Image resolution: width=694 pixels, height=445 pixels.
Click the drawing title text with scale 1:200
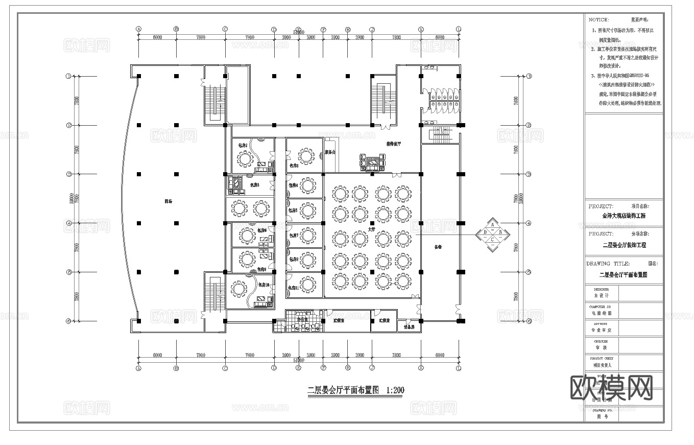[355, 390]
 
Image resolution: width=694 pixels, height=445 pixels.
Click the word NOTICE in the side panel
[599, 20]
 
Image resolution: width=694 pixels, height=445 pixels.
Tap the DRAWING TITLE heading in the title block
[608, 264]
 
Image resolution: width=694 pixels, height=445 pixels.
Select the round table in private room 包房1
[306, 156]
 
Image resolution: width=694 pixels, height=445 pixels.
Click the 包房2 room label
[243, 146]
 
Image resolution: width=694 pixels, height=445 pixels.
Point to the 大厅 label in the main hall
[372, 230]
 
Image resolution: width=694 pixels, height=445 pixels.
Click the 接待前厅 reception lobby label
[393, 144]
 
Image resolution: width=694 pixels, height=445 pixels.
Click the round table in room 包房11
[308, 283]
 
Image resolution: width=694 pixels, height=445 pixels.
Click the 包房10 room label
[264, 285]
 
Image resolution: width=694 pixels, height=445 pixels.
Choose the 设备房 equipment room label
[409, 326]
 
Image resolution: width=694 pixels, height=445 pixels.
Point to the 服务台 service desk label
[330, 152]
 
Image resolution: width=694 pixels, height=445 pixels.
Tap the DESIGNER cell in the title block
[602, 292]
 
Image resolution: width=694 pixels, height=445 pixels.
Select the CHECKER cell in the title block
[602, 345]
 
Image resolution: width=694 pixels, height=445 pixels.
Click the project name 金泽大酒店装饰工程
[624, 216]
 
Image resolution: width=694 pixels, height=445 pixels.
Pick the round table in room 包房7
[308, 236]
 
